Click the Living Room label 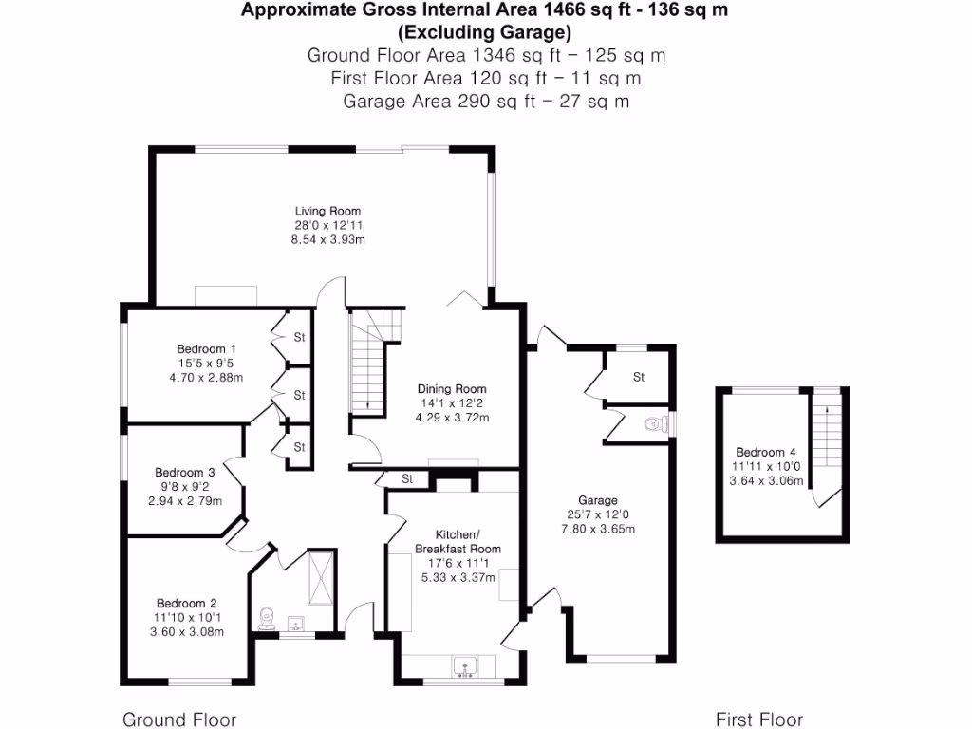[x=327, y=211]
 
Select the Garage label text [x=598, y=500]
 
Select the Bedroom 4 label [x=760, y=452]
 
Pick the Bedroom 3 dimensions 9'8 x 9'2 [x=185, y=487]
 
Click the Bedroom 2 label [x=187, y=603]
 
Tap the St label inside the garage [x=639, y=377]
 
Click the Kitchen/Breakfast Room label [x=458, y=542]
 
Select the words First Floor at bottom [x=759, y=720]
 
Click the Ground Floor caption [x=179, y=720]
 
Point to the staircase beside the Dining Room [x=367, y=365]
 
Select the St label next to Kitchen [x=407, y=478]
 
